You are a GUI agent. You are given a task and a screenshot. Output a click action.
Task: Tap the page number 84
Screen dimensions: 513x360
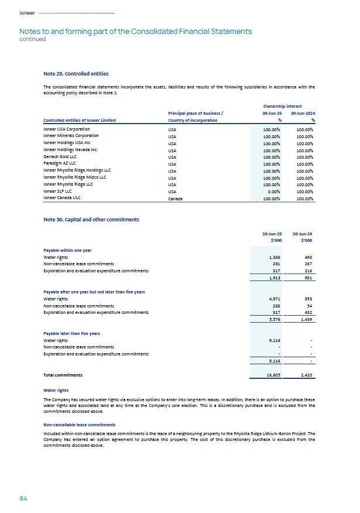pos(23,498)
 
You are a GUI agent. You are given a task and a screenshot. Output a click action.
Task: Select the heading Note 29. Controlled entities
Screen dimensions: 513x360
pos(76,74)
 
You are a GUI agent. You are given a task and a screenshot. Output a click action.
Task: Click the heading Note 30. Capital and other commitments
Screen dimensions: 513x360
pos(91,219)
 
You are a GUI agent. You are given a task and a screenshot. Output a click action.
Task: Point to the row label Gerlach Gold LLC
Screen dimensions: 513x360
pos(60,157)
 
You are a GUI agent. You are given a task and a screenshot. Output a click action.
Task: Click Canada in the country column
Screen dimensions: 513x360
pos(175,199)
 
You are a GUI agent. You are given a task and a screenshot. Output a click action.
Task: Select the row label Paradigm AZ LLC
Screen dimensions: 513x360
pos(61,163)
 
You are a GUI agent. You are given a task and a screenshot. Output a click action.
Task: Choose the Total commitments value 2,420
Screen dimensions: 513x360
pos(304,374)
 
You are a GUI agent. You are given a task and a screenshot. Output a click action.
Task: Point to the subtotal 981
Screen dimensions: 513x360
pos(306,278)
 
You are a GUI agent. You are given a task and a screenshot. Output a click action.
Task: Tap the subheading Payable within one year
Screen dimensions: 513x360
pos(67,250)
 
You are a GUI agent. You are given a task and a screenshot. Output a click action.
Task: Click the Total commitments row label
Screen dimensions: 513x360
pos(63,374)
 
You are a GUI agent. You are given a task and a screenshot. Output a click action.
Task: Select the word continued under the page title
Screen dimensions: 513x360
pos(32,39)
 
